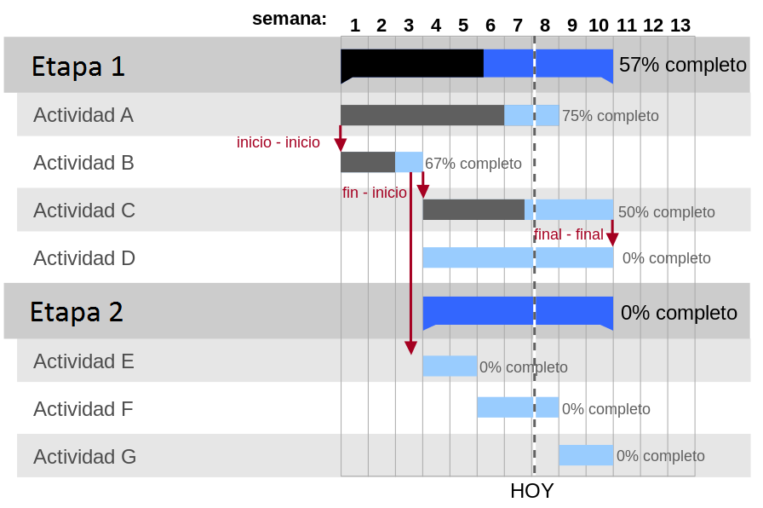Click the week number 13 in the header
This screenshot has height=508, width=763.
680,26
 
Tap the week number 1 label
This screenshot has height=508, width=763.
355,26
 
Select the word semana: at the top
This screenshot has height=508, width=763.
290,19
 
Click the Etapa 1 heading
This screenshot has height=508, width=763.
77,66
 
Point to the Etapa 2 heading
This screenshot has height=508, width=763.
77,312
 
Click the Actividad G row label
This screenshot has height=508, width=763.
84,456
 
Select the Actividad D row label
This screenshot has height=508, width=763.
84,258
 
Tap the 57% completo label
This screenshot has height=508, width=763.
683,65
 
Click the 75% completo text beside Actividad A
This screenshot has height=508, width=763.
611,116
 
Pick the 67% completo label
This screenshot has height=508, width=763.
473,164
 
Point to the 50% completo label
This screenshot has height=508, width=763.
666,212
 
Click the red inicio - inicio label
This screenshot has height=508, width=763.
278,142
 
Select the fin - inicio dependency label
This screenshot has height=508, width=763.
374,193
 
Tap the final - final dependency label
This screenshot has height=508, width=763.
568,234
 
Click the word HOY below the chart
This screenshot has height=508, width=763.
532,491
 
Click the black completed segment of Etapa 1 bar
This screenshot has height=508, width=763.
412,63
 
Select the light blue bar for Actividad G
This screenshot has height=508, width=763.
586,455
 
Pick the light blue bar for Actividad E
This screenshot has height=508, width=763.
450,366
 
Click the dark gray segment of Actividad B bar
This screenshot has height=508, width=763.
368,162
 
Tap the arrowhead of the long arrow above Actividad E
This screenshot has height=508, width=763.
410,348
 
